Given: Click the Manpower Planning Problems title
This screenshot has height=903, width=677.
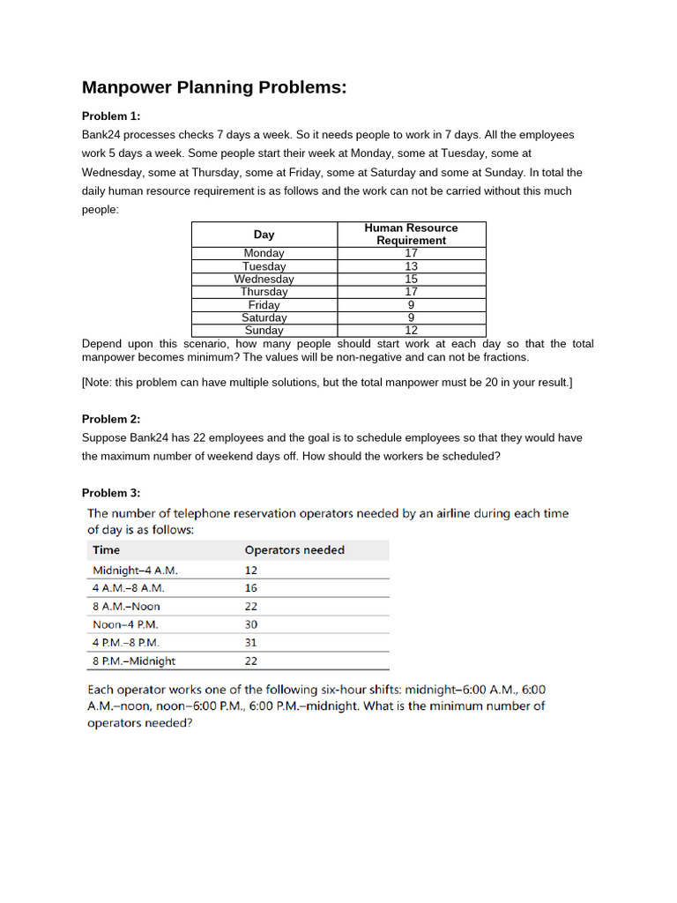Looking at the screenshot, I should (x=214, y=87).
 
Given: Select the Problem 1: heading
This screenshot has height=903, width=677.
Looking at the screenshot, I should (x=111, y=116).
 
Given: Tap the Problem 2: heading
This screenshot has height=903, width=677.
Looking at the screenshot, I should (x=111, y=419).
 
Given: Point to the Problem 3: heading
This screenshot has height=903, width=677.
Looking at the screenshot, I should (x=111, y=493).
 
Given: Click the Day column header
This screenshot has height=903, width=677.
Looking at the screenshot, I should (x=264, y=235).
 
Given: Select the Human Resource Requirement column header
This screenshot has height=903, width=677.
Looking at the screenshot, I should (x=411, y=234).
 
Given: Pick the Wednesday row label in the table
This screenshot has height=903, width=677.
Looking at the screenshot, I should (x=264, y=279).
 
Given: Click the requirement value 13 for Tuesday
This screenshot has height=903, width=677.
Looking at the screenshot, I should (x=411, y=266).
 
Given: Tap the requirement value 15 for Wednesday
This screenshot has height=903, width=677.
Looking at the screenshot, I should (x=411, y=279).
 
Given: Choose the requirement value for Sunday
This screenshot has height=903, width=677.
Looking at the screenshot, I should (x=411, y=331).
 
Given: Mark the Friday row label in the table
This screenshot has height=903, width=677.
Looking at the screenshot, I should (x=264, y=305).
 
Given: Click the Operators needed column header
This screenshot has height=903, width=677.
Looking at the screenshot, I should (x=294, y=550).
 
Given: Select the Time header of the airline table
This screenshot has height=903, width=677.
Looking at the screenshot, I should (x=107, y=550).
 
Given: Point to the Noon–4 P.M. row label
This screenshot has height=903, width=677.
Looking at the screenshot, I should (x=126, y=624).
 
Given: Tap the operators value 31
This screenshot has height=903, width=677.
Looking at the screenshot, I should (x=251, y=643).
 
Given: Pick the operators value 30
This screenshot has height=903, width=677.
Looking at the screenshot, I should (x=251, y=624).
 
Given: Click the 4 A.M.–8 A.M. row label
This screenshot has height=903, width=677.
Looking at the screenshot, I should (x=129, y=587).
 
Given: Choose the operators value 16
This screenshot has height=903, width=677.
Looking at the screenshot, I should (x=251, y=587).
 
